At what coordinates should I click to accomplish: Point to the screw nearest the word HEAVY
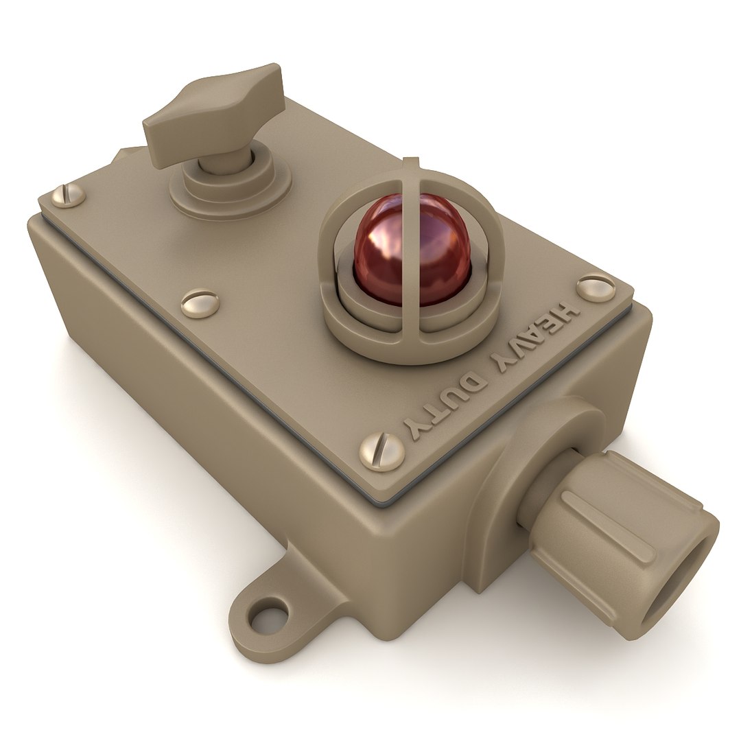pos(595,288)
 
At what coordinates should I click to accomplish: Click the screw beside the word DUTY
pos(382,451)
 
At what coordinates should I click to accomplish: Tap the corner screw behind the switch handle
pos(69,195)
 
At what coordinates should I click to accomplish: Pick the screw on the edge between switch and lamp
pos(200,303)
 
